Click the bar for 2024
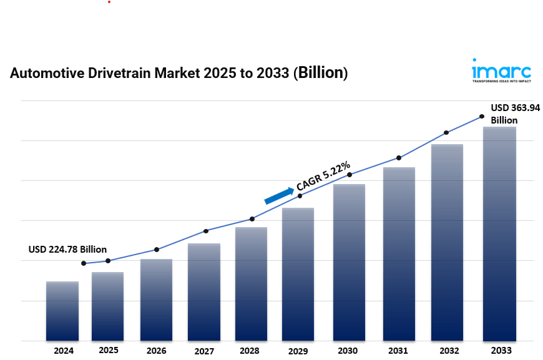[x=62, y=311]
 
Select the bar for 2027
[x=204, y=292]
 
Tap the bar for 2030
[x=349, y=262]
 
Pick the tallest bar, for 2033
[x=499, y=234]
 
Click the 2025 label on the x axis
[x=109, y=350]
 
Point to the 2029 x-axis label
[x=298, y=351]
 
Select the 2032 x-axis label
[x=447, y=351]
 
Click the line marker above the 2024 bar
[x=84, y=263]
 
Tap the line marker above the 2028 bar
[x=252, y=219]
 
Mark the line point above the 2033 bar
[x=482, y=116]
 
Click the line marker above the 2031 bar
[x=399, y=158]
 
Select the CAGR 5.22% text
[x=323, y=175]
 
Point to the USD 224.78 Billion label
[x=67, y=250]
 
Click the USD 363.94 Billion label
[x=514, y=114]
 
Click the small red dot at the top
[x=109, y=2]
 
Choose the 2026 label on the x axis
[x=157, y=351]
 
